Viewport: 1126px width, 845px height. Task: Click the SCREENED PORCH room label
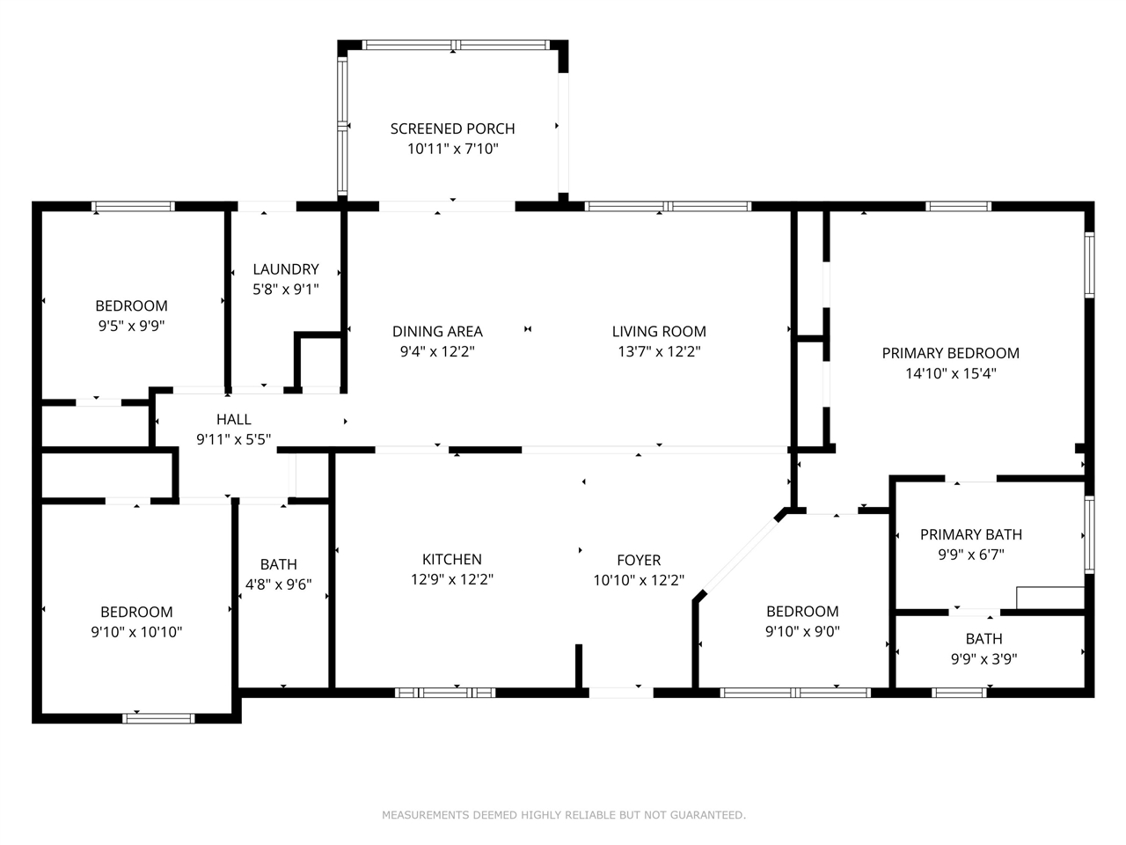(x=452, y=129)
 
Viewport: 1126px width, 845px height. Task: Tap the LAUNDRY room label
(x=285, y=269)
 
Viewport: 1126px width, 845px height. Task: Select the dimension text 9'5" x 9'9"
(x=131, y=326)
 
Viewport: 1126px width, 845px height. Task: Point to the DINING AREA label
(x=437, y=332)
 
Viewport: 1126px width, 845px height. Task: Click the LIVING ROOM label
(x=659, y=332)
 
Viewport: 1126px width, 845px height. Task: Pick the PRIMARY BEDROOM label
(x=950, y=353)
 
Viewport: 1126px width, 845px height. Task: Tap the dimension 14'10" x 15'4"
(x=950, y=373)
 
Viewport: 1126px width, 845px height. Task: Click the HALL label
(x=233, y=420)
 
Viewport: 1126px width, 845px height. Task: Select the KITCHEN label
(x=451, y=559)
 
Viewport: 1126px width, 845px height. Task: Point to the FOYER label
(x=639, y=560)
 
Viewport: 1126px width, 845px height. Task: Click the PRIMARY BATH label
(x=970, y=534)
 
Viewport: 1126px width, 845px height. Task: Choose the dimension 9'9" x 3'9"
(x=983, y=659)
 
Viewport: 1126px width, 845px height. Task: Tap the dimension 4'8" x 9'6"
(x=278, y=584)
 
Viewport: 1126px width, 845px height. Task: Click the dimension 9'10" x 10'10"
(x=136, y=632)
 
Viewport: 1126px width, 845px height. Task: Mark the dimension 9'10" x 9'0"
(x=802, y=631)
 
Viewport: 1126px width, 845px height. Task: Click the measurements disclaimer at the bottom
(x=563, y=815)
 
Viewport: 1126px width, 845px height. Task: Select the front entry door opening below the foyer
(x=620, y=693)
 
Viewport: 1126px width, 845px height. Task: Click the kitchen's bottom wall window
(x=445, y=693)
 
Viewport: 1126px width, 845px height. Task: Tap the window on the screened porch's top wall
(x=456, y=45)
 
